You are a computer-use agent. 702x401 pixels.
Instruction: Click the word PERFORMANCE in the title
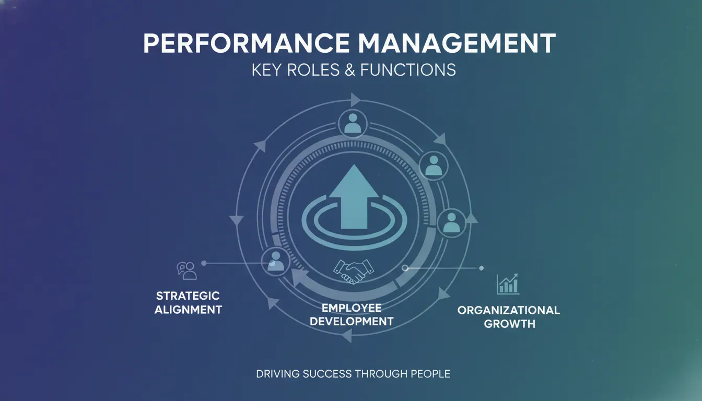tap(247, 43)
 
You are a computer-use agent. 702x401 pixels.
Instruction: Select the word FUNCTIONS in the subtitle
tap(408, 69)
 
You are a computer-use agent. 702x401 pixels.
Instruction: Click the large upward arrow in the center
tap(354, 197)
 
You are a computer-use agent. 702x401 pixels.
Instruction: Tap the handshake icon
tap(354, 272)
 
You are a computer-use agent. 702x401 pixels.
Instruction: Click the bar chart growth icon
tap(508, 284)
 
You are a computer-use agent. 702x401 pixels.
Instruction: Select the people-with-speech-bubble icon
tap(187, 270)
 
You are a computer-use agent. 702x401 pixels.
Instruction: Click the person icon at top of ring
tap(353, 123)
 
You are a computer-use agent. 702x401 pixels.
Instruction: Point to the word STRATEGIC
tap(188, 296)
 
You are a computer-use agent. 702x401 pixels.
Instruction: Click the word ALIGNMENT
tap(188, 310)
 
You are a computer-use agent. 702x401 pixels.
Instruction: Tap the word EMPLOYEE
tap(352, 308)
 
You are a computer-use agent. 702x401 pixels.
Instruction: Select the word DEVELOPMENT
tap(352, 322)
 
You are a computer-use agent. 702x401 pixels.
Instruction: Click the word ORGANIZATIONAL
tap(509, 310)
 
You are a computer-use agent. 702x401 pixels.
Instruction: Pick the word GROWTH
tap(510, 324)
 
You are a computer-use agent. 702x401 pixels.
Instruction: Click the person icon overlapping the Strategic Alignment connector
tap(276, 262)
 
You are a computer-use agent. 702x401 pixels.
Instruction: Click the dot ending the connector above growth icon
tap(482, 268)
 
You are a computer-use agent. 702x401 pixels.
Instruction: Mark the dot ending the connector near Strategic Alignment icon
tap(204, 263)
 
